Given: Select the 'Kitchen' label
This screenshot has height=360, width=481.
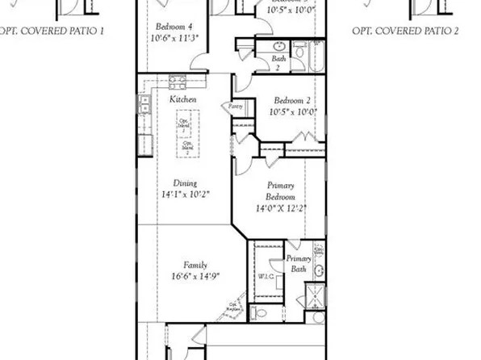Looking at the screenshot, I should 182,98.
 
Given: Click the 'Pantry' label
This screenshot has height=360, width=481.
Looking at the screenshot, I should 236,106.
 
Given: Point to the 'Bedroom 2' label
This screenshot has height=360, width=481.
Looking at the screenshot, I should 292,100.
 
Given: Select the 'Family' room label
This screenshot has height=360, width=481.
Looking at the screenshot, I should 194,265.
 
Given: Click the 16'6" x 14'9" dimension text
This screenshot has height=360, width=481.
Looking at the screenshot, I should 194,277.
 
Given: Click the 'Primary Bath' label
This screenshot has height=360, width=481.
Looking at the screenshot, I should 299,264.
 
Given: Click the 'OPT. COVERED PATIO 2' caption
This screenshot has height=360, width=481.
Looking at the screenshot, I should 405,30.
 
